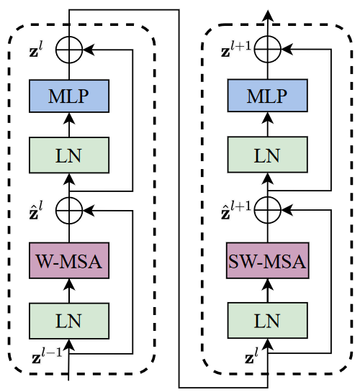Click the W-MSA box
coord(68,261)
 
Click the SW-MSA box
coord(268,261)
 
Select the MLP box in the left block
coord(68,96)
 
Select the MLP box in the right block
coord(268,96)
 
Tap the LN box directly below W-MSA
coord(68,320)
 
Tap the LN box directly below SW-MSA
coord(268,320)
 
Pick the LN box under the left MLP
coord(68,153)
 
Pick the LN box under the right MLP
coord(268,153)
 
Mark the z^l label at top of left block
coord(40,50)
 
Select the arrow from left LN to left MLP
coord(68,124)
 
